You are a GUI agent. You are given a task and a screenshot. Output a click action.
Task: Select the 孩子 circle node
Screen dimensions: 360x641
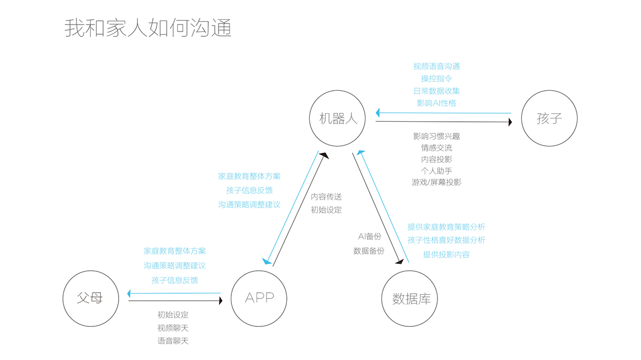point(549,119)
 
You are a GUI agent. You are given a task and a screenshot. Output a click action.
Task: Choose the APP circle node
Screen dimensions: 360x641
point(259,298)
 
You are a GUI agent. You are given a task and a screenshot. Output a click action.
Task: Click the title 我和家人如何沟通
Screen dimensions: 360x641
point(148,28)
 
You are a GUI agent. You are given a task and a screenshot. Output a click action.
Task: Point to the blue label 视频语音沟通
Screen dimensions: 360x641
point(436,66)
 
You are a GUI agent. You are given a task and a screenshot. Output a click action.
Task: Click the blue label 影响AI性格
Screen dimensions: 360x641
point(436,103)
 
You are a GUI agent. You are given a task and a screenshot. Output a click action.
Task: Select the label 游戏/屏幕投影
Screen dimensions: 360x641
point(436,182)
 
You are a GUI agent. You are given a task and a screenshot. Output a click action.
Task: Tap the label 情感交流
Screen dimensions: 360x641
point(436,147)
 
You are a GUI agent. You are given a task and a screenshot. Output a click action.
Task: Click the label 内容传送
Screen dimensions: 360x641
point(326,197)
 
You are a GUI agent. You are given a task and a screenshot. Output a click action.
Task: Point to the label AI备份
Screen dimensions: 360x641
point(370,236)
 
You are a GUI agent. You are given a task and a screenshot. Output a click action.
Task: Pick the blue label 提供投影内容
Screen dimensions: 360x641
point(447,255)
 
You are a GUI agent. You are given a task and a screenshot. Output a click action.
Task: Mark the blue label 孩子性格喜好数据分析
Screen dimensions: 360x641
point(447,240)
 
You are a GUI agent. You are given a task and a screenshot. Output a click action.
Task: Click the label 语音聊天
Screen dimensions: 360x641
point(173,341)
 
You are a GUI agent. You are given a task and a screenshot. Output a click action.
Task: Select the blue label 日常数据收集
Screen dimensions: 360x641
point(436,91)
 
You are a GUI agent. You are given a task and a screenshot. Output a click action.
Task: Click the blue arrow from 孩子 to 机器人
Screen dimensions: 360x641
point(443,113)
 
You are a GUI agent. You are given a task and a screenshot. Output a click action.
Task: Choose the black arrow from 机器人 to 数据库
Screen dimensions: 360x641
point(377,208)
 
